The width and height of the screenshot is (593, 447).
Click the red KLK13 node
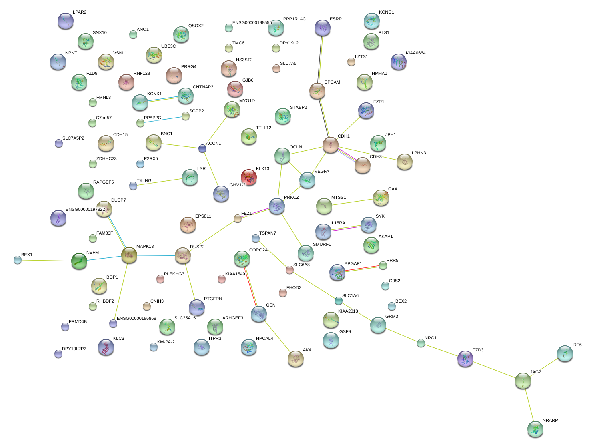coord(249,177)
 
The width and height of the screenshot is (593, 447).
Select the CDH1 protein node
coord(331,145)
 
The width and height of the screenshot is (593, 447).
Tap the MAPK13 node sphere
coord(129,255)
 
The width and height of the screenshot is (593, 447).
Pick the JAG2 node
coord(523,381)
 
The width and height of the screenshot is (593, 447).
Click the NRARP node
coord(535,429)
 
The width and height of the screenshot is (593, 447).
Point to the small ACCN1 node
coord(202,149)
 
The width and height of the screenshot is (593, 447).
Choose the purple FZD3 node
coord(465,359)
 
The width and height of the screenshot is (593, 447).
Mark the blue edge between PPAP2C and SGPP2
coord(163,120)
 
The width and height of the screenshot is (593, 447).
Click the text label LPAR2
coord(80,12)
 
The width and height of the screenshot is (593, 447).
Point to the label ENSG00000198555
coord(252,23)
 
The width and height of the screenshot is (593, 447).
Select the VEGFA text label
coord(322,172)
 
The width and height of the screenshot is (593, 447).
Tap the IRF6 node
coord(565,353)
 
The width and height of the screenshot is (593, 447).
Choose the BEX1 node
coord(18,260)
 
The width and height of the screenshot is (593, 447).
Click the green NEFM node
coord(79,261)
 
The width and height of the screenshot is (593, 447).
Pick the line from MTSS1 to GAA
coord(352,202)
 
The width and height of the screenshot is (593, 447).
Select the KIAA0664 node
coord(398,62)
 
